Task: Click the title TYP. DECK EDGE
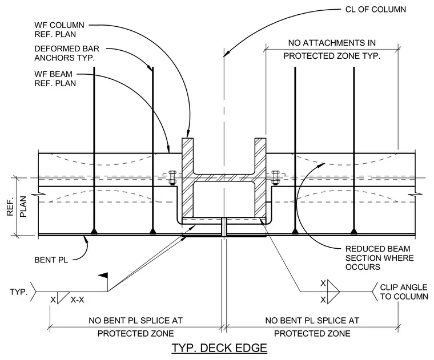click(219, 347)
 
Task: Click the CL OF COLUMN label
click(376, 9)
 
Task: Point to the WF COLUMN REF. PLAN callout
click(59, 30)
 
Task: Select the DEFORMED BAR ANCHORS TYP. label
click(67, 53)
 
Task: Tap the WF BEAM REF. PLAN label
click(55, 79)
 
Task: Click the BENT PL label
click(51, 260)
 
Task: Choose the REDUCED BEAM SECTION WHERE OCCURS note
click(380, 258)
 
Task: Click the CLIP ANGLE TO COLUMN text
click(404, 292)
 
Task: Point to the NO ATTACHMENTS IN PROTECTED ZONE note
click(332, 50)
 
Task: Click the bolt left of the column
click(172, 178)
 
